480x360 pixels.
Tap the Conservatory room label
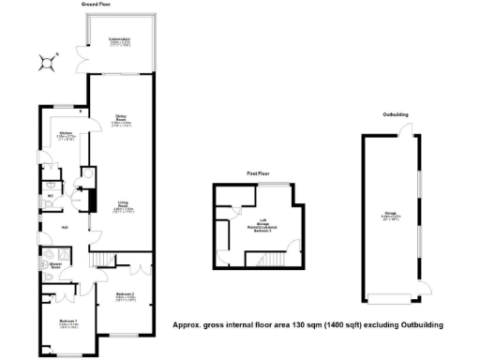(x=119, y=40)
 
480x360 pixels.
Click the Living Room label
(x=123, y=204)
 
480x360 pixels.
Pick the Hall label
(x=65, y=228)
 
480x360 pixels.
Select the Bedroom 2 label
(x=125, y=297)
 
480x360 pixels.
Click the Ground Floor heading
(x=100, y=5)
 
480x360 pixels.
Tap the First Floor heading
(x=259, y=174)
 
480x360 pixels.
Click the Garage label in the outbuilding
(x=389, y=215)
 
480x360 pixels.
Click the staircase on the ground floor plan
(x=102, y=260)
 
